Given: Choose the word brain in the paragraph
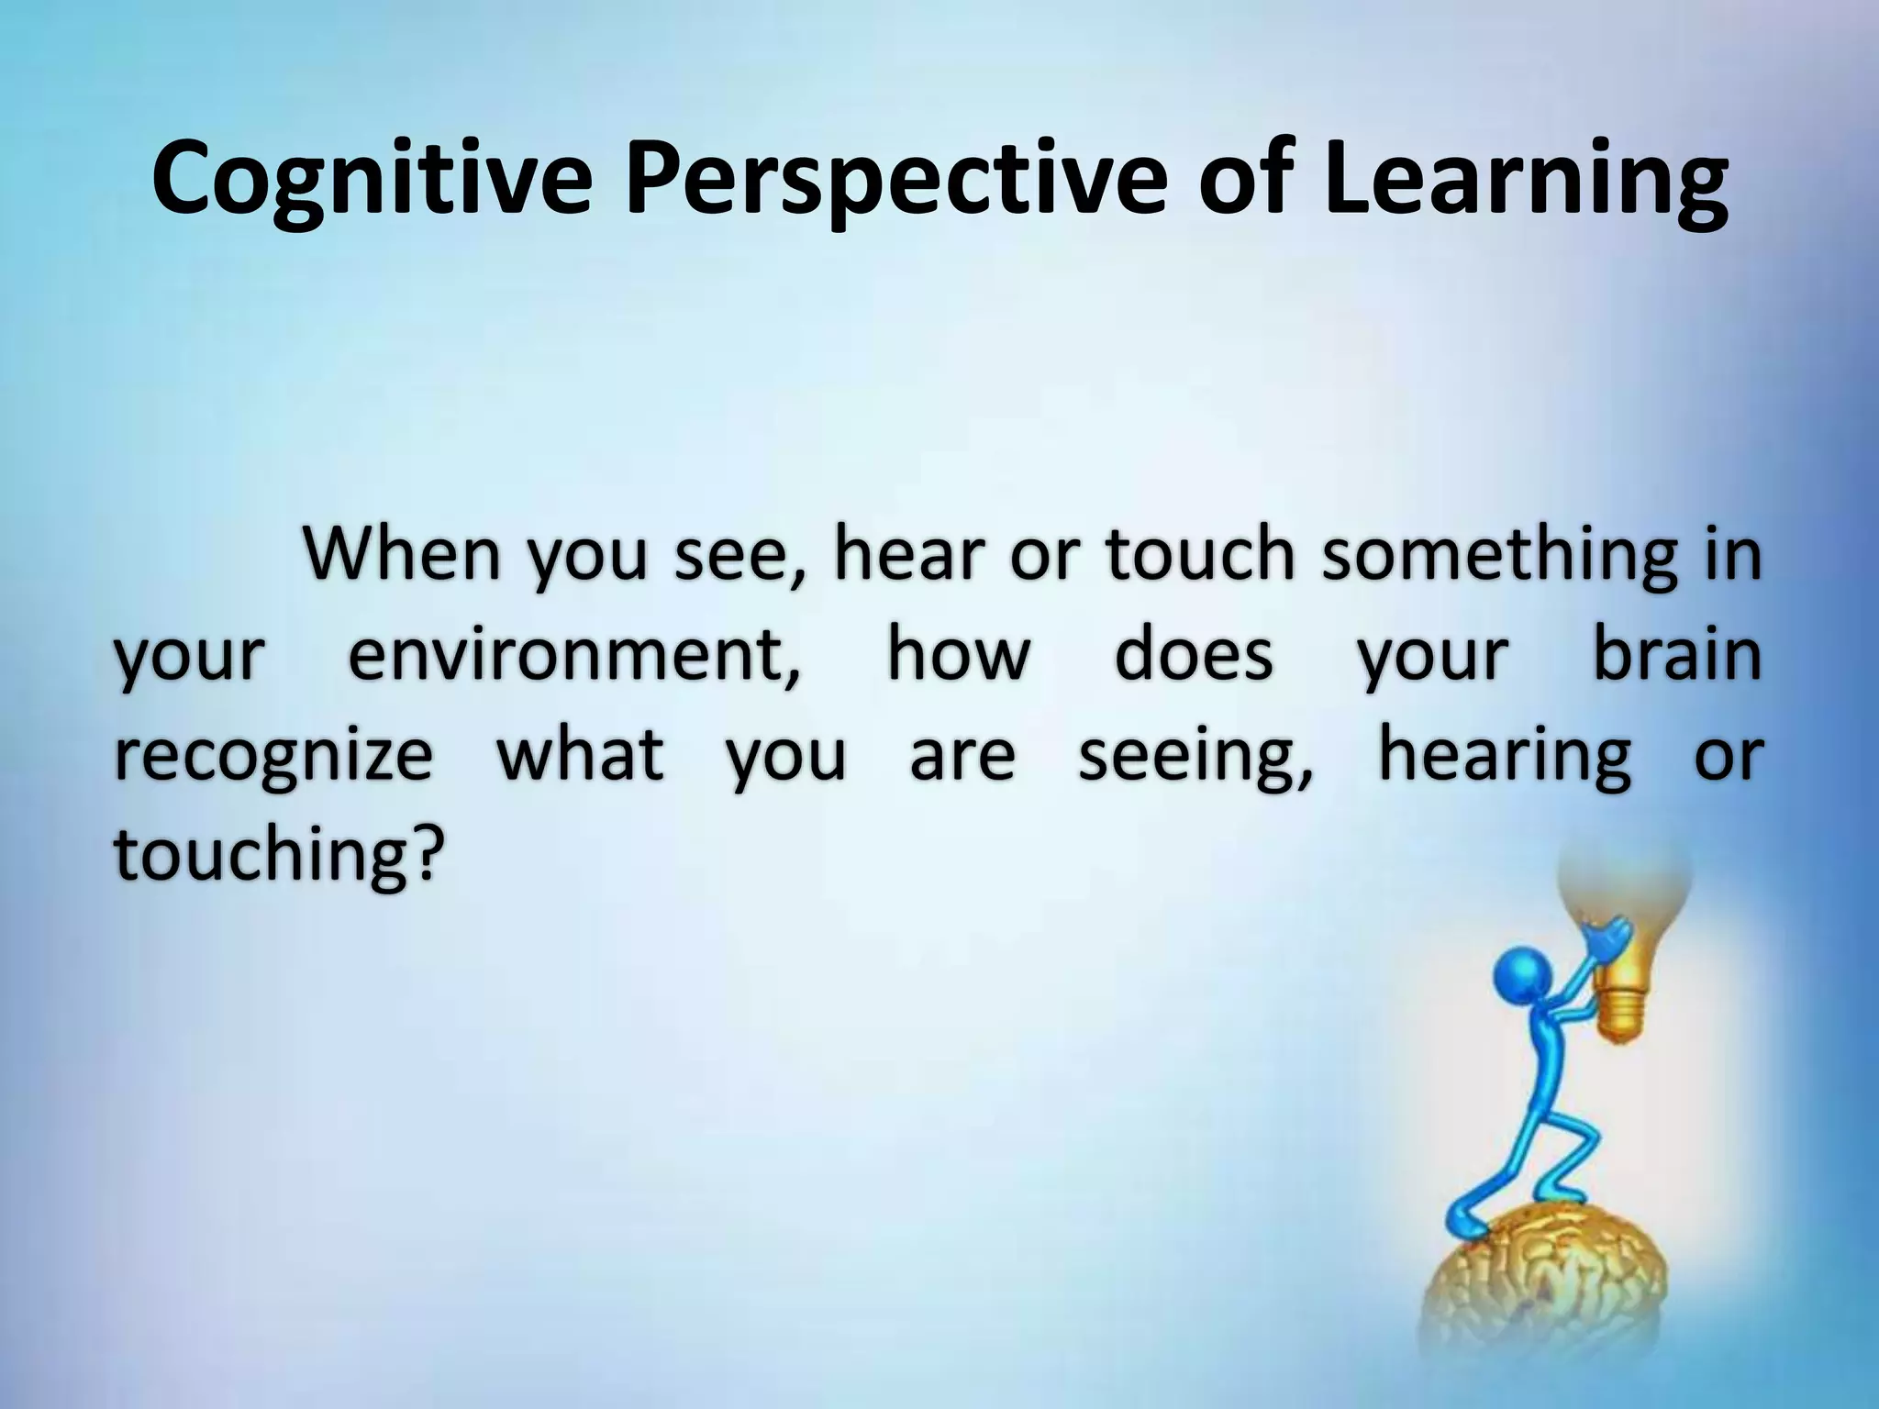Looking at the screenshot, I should (x=1676, y=657).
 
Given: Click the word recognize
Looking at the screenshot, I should (x=272, y=758).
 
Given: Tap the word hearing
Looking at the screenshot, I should (x=1505, y=758).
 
